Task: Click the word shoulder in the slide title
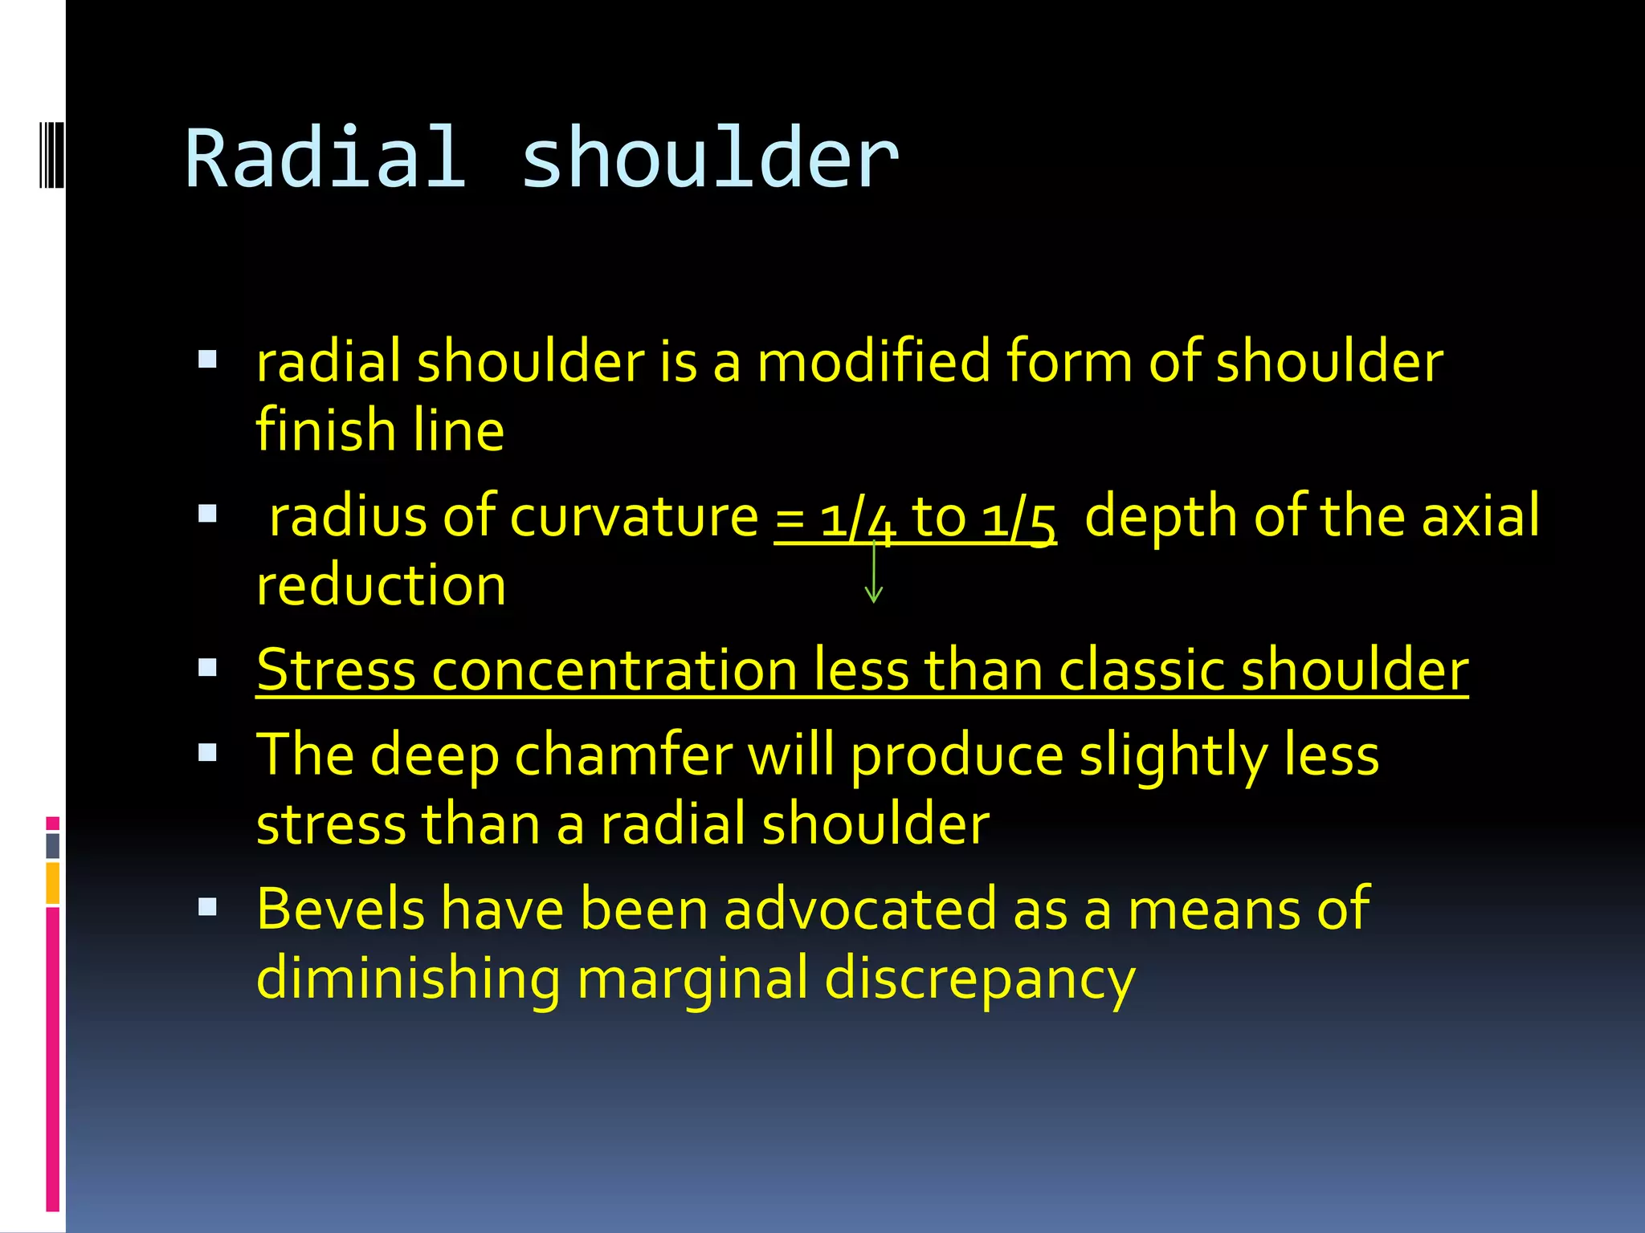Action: [710, 159]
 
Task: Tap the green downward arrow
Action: [874, 574]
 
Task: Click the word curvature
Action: [634, 516]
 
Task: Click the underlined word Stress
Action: [336, 669]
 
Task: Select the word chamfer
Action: [623, 755]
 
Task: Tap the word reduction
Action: [381, 585]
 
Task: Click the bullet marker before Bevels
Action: [207, 907]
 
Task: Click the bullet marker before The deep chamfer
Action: [207, 752]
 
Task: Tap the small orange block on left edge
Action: [52, 882]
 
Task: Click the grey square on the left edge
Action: [52, 845]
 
